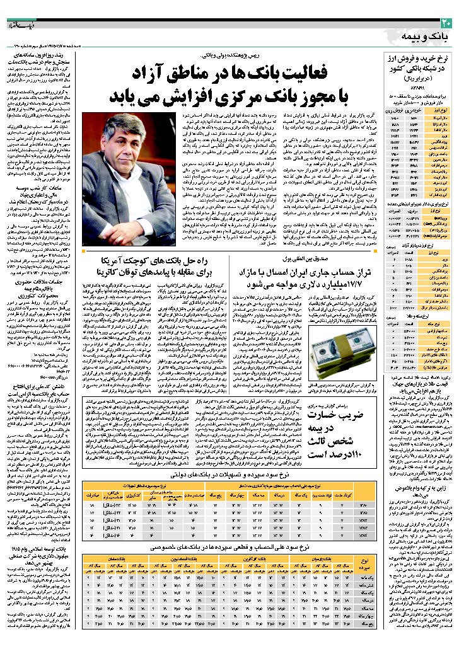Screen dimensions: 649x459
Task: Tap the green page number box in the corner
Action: (446, 23)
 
